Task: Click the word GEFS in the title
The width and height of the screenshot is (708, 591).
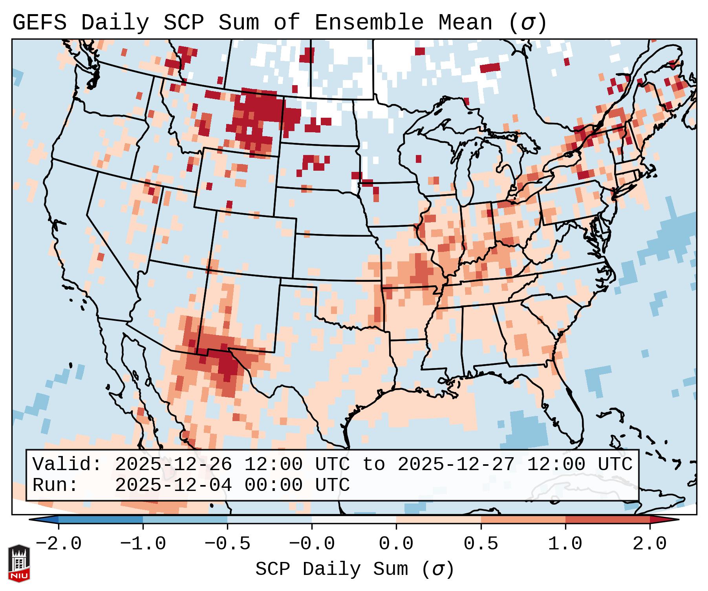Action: pos(39,23)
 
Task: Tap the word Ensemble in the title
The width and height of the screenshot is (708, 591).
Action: pos(369,23)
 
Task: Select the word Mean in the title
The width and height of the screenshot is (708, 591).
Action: pos(465,23)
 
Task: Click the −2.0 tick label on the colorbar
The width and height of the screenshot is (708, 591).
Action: pos(59,544)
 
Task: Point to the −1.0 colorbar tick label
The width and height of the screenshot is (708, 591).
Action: pos(143,544)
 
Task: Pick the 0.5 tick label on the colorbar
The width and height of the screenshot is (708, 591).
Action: pos(481,544)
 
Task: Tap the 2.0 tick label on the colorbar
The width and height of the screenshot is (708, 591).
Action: pos(649,544)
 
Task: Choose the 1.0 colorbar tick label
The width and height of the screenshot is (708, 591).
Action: pos(565,544)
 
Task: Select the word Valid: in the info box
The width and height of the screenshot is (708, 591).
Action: pos(67,465)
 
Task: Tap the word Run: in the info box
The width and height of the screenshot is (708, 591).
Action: pos(55,485)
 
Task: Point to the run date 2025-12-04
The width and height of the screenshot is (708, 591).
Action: pos(173,485)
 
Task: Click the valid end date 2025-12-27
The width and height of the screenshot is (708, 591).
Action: pos(456,465)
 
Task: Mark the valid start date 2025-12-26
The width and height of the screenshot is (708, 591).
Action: pos(173,465)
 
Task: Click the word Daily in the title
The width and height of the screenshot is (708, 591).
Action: pos(115,23)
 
